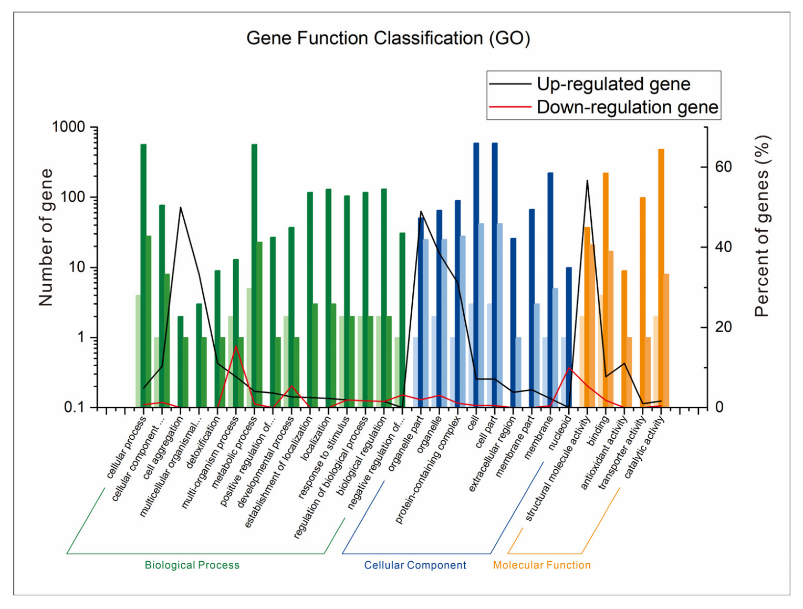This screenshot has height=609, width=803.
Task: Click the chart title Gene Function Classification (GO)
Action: (388, 38)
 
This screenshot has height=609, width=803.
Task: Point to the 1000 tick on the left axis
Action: (68, 127)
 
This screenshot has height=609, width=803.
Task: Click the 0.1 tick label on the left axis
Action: (74, 407)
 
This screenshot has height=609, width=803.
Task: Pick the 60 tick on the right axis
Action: (723, 167)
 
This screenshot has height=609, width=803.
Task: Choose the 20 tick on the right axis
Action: (723, 327)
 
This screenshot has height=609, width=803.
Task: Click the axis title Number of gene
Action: (46, 237)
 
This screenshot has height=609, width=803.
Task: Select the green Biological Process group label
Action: (192, 565)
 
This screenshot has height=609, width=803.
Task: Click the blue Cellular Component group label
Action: (415, 565)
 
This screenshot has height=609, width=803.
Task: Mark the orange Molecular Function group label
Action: (541, 565)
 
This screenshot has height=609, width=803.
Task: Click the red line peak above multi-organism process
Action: (236, 346)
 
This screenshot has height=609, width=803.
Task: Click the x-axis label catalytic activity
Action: (644, 447)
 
